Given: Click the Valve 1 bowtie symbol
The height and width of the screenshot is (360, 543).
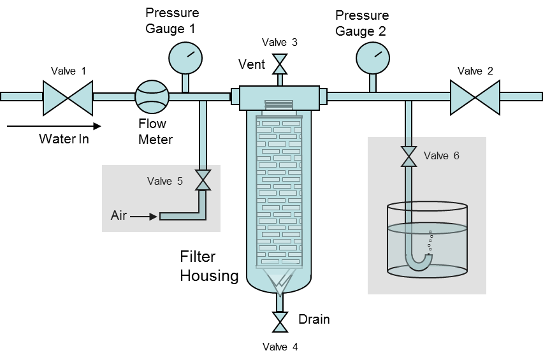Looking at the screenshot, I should point(68,97).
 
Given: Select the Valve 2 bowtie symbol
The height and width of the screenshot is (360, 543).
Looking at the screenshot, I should point(475,97).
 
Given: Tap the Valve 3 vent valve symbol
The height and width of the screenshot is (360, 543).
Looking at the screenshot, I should point(279,64).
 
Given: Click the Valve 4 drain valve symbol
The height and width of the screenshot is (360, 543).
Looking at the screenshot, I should point(279,322).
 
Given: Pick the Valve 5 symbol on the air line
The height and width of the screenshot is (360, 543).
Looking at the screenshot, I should point(203,180).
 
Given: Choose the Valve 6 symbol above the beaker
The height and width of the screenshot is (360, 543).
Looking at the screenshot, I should point(409,157).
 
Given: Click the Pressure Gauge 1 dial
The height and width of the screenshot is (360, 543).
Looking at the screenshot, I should point(185,58).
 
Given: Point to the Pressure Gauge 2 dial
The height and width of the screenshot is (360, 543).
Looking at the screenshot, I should point(373,58).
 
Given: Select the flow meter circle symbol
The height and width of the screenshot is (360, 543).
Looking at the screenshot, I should point(152,97).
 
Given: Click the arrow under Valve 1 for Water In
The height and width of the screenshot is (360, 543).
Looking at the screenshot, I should point(54,126).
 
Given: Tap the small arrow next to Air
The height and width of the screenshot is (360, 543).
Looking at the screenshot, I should point(145,217).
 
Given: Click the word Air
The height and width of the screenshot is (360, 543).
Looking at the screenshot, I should point(119,216).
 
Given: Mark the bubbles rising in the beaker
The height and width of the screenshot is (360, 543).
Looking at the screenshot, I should point(429,241).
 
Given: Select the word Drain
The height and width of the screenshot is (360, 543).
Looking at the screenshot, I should point(314,319).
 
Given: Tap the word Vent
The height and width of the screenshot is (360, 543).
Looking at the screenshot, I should point(251,64).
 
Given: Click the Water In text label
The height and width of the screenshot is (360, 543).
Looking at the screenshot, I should point(64,138).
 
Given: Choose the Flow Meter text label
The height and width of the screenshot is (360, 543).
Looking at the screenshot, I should point(156,131).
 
